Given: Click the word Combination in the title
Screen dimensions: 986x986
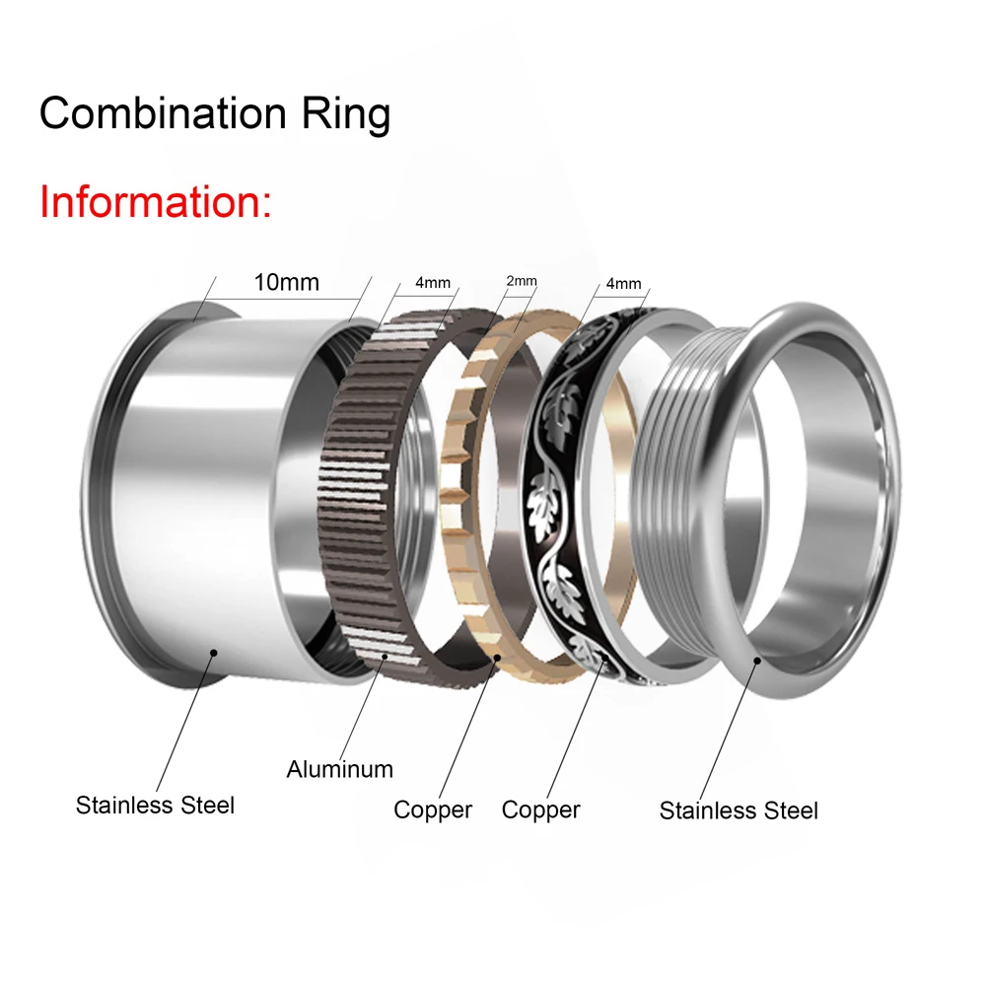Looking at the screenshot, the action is point(163,113).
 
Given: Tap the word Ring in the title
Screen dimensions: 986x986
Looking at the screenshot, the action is point(346,115).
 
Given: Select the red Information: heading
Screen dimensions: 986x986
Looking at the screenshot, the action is point(156,202).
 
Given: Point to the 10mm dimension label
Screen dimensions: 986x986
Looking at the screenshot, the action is point(286,282).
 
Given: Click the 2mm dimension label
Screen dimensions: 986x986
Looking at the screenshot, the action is point(522,281).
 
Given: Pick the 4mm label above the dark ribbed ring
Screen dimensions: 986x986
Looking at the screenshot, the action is point(433,283).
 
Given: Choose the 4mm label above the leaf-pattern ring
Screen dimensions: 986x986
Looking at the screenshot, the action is point(623,284).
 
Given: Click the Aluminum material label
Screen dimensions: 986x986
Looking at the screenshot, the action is point(339,769).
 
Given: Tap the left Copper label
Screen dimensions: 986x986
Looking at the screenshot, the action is point(433,810).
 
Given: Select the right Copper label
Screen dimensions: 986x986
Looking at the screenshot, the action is point(540,810).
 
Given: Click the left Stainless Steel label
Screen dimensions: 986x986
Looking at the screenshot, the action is point(155,805).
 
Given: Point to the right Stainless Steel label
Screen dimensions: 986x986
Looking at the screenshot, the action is point(739,810).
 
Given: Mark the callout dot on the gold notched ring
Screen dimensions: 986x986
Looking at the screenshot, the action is point(497,658).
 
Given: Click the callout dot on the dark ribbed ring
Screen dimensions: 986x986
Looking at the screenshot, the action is point(385,657).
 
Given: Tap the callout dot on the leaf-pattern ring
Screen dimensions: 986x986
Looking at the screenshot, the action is point(604,658).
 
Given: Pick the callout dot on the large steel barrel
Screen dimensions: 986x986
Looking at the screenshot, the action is point(214,653).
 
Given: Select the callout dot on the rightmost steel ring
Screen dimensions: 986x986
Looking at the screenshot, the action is point(757,661).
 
